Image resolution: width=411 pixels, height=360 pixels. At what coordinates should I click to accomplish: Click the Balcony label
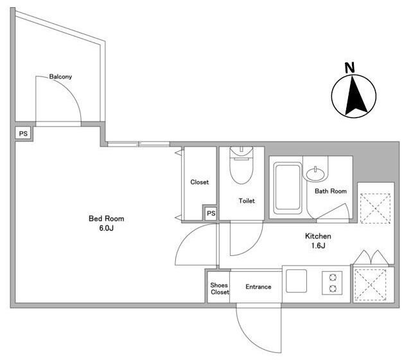point(60,77)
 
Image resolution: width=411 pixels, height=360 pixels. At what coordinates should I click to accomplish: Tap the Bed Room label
point(105,219)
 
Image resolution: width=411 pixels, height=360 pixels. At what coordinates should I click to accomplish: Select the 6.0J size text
point(105,228)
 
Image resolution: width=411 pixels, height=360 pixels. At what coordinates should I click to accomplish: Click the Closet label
point(200,182)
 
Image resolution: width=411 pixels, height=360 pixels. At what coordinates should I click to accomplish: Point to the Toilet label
point(247,201)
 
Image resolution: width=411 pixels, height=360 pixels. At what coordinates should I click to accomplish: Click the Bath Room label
point(331,191)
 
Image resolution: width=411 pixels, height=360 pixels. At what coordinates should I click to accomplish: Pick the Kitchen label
point(318,236)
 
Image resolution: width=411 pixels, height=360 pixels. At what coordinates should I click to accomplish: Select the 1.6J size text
point(318,246)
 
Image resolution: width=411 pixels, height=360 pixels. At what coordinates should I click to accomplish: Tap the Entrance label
point(259,287)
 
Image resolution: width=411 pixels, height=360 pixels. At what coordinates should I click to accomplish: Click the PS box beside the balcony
point(23,134)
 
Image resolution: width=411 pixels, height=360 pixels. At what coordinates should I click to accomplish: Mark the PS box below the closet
point(210,213)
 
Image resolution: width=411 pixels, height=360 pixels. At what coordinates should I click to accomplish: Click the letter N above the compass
point(349,67)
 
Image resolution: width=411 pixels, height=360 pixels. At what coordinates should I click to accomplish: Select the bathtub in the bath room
point(287,188)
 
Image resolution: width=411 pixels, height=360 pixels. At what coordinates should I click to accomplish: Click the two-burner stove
point(334,283)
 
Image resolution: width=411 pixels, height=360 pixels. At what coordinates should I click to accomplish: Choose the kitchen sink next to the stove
point(297,281)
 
